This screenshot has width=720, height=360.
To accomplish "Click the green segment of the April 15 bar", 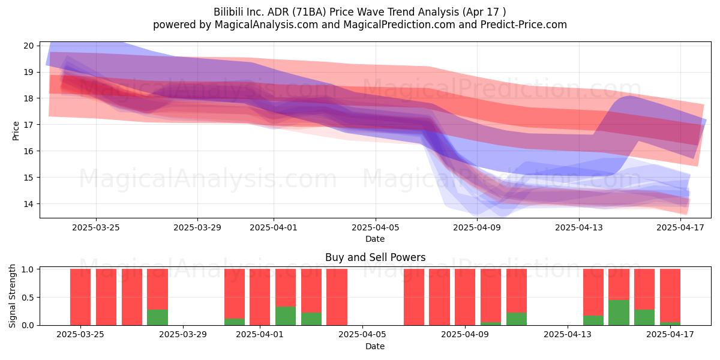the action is pyautogui.click(x=619, y=313).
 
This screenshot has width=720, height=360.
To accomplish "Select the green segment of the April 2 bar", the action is pyautogui.click(x=286, y=316).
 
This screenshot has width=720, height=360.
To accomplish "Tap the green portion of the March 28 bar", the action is pyautogui.click(x=157, y=317).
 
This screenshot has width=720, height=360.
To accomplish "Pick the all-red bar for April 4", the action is pyautogui.click(x=337, y=297).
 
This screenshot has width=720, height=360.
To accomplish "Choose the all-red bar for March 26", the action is pyautogui.click(x=106, y=297).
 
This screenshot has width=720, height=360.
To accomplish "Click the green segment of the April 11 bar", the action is pyautogui.click(x=517, y=319).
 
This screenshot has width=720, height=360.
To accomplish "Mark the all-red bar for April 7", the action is pyautogui.click(x=414, y=297).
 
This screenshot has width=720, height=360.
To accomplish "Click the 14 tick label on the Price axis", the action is pyautogui.click(x=28, y=204).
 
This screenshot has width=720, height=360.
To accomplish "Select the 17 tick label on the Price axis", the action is pyautogui.click(x=28, y=125).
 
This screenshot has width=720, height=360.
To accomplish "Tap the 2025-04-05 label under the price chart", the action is pyautogui.click(x=375, y=227).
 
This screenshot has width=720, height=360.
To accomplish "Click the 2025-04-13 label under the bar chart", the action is pyautogui.click(x=568, y=334).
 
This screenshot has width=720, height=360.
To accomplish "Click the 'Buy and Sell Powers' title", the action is pyautogui.click(x=375, y=257).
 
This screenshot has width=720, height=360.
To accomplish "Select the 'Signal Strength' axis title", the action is pyautogui.click(x=12, y=296).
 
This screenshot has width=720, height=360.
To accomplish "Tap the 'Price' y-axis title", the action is pyautogui.click(x=16, y=131).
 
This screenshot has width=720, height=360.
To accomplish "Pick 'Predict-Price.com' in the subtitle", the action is pyautogui.click(x=524, y=25).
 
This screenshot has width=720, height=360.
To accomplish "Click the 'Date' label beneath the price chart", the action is pyautogui.click(x=375, y=239).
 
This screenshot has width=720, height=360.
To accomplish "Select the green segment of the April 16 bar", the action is pyautogui.click(x=644, y=317).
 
